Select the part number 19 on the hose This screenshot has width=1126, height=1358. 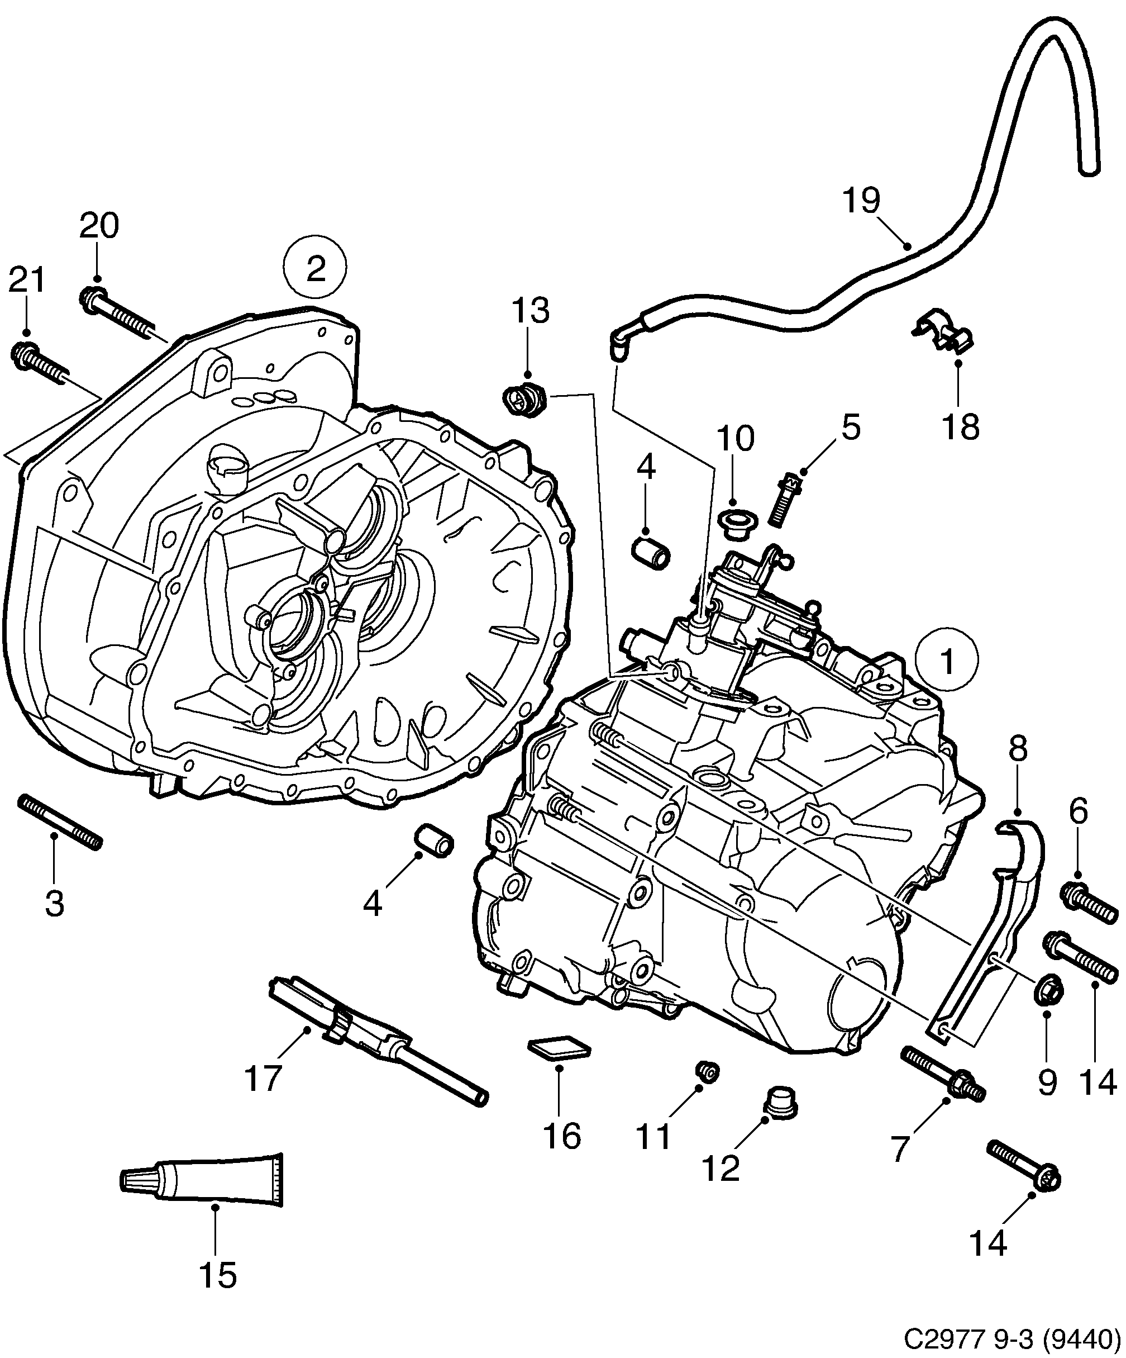[x=862, y=201]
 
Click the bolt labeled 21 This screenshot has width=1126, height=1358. [x=39, y=365]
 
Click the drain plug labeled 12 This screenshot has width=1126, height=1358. [x=781, y=1103]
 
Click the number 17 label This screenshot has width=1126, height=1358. [x=264, y=1078]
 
